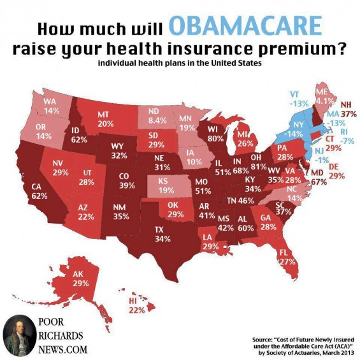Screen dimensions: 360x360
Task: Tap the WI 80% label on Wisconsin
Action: tap(215, 134)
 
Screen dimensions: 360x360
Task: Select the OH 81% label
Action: tap(259, 162)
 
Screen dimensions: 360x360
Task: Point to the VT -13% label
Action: tap(299, 99)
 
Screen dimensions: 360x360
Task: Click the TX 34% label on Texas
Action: tap(162, 234)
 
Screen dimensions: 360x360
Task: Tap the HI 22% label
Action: tap(137, 306)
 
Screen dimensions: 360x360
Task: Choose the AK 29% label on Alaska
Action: tap(81, 278)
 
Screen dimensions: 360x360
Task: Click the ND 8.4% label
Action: tap(157, 116)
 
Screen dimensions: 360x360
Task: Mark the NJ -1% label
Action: tap(322, 155)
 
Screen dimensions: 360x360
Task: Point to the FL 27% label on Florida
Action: tap(287, 257)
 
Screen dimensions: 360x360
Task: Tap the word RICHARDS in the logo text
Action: tap(61, 336)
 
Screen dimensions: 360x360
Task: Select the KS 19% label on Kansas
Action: tap(166, 186)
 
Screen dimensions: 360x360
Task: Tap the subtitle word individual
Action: tap(117, 63)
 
